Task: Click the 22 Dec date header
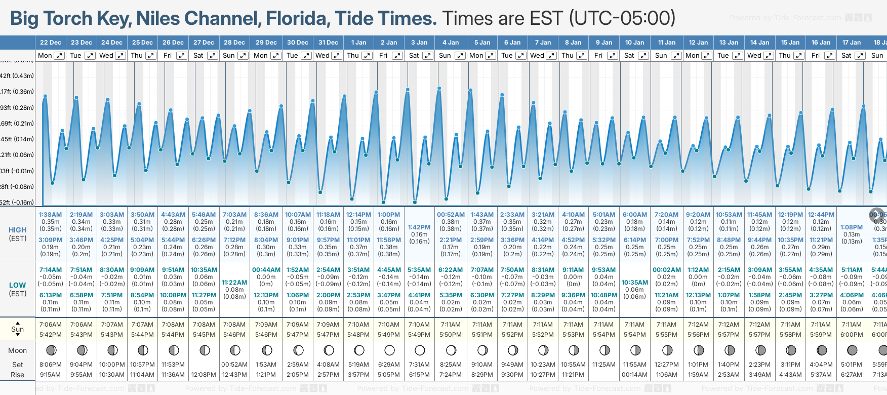pyautogui.click(x=51, y=43)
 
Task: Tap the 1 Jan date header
pyautogui.click(x=359, y=43)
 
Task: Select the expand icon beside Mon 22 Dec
pyautogui.click(x=59, y=56)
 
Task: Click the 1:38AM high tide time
pyautogui.click(x=50, y=215)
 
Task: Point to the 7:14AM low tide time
pyautogui.click(x=50, y=270)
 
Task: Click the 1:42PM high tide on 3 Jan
pyautogui.click(x=419, y=227)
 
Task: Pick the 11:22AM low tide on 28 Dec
pyautogui.click(x=234, y=283)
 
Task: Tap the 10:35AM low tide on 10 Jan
pyautogui.click(x=634, y=283)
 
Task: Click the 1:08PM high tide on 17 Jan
pyautogui.click(x=852, y=227)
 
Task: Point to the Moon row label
pyautogui.click(x=17, y=350)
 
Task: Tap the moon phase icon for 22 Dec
pyautogui.click(x=51, y=350)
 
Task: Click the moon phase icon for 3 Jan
pyautogui.click(x=420, y=350)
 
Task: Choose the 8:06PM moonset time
pyautogui.click(x=50, y=365)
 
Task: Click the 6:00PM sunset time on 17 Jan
pyautogui.click(x=852, y=335)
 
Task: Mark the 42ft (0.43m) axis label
pyautogui.click(x=17, y=76)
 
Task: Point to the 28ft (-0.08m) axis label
pyautogui.click(x=17, y=187)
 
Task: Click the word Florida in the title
pyautogui.click(x=298, y=19)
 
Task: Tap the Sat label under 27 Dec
pyautogui.click(x=198, y=56)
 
